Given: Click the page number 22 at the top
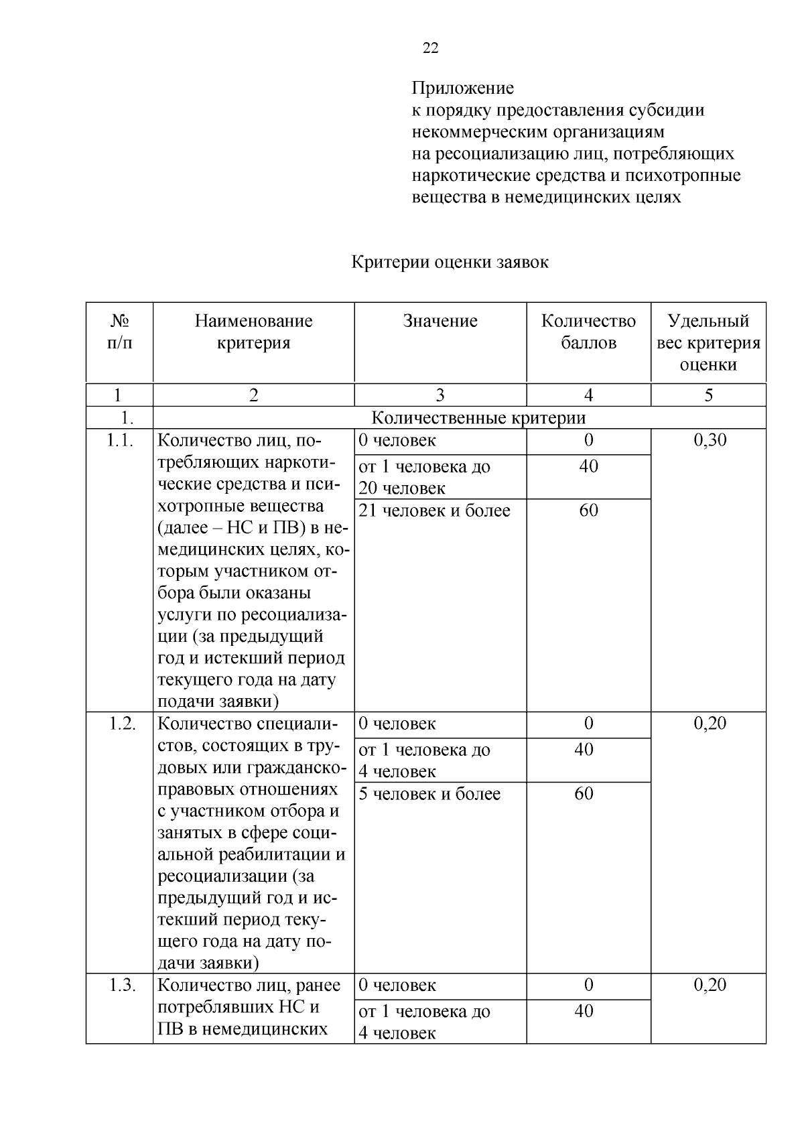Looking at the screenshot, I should [x=431, y=48].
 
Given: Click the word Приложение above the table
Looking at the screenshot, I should [x=462, y=88].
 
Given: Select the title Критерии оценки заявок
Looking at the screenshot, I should [x=450, y=263].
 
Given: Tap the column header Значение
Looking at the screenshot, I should [x=440, y=321].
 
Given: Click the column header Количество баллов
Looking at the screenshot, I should [x=588, y=332].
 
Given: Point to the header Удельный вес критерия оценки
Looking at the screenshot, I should [x=708, y=342].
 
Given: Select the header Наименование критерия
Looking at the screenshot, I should [x=253, y=332].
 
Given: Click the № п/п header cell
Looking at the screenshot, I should [x=119, y=332].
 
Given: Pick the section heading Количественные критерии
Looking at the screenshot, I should [x=478, y=418].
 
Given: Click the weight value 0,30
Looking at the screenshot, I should [x=710, y=440].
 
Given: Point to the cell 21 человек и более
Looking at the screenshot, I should [x=434, y=511].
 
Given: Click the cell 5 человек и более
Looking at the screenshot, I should [x=429, y=794].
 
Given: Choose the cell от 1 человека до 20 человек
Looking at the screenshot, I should [x=424, y=477].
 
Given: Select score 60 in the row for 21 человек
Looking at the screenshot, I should [x=588, y=511].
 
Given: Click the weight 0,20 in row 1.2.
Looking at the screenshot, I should [x=710, y=724].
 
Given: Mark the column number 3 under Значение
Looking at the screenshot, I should [x=440, y=395].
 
